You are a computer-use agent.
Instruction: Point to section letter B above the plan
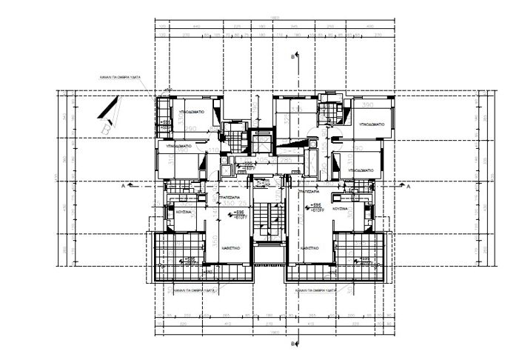pyautogui.click(x=293, y=56)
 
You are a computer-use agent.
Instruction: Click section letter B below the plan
pyautogui.click(x=293, y=344)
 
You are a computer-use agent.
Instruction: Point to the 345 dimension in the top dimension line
pyautogui.click(x=293, y=27)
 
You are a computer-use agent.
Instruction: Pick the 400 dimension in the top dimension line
pyautogui.click(x=369, y=27)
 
